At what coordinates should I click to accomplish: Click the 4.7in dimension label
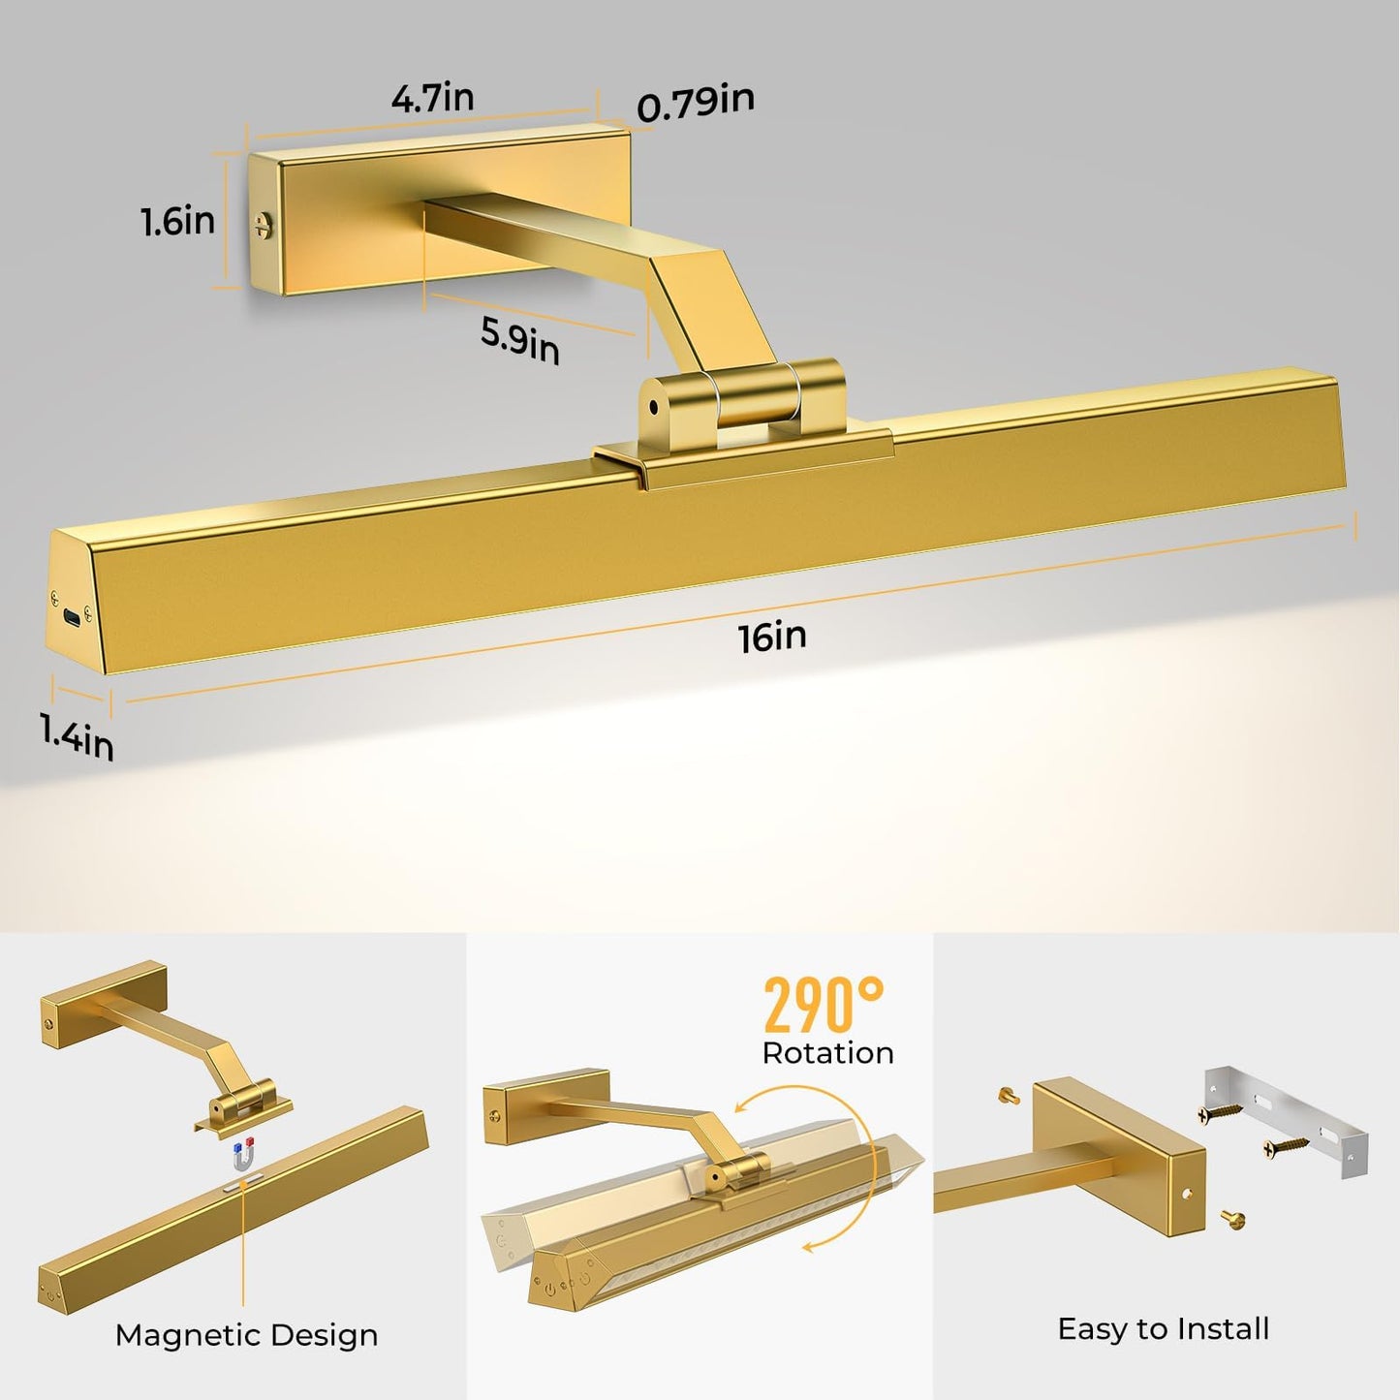(x=432, y=97)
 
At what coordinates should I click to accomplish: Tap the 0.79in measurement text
(x=695, y=103)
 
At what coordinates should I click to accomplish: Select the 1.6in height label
(x=177, y=221)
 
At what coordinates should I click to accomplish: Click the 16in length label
(x=771, y=637)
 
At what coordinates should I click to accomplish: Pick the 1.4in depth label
(x=77, y=735)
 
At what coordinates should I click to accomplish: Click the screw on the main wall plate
(x=263, y=225)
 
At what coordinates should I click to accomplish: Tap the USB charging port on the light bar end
(x=71, y=616)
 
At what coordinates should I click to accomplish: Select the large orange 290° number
(x=823, y=1006)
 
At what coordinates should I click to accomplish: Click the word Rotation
(x=827, y=1053)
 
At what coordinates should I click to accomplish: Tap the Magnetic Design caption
(x=246, y=1335)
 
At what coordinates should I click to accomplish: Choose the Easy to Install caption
(x=1163, y=1328)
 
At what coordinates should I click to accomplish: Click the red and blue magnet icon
(x=242, y=1153)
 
